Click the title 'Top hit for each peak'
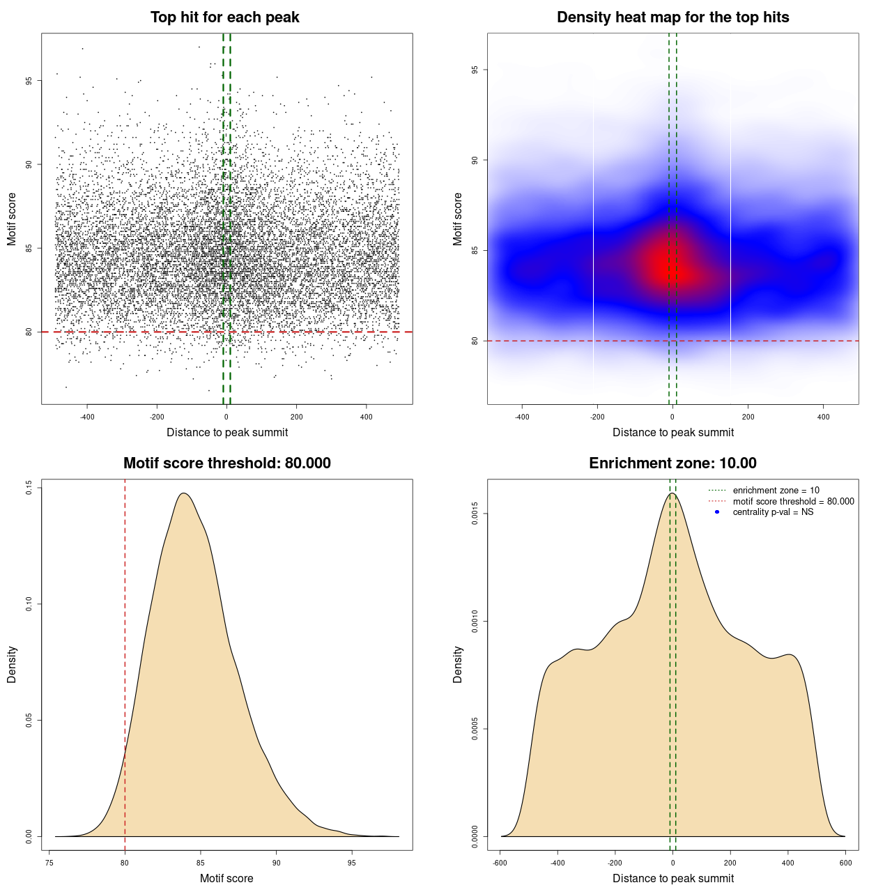tap(224, 17)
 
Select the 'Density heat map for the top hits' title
tap(672, 17)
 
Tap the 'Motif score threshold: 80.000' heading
tap(226, 463)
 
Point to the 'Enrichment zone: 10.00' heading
tap(672, 463)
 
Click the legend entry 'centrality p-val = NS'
tap(773, 512)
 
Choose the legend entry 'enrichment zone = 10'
tap(776, 491)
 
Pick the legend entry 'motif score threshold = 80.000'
tap(793, 502)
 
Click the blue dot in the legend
tap(717, 512)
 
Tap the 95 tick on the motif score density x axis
tap(352, 863)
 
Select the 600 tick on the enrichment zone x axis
tap(845, 863)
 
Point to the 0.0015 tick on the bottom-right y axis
tap(475, 514)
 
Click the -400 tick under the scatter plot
tap(87, 417)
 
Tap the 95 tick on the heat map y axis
tap(475, 70)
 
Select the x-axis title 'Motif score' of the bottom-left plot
tap(226, 878)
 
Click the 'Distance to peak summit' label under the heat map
tap(672, 432)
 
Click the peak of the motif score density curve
tap(184, 493)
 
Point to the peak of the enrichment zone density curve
tap(672, 493)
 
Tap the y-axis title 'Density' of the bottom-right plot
tap(458, 664)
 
